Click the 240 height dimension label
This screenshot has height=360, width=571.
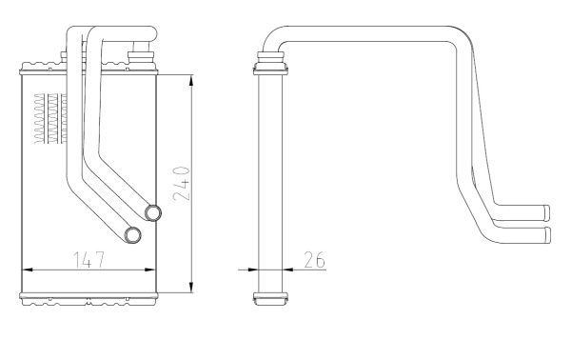click(182, 184)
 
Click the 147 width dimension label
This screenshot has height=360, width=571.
click(89, 260)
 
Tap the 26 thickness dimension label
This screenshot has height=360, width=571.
click(314, 260)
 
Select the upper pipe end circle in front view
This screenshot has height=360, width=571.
click(153, 212)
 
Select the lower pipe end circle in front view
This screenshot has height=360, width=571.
click(133, 235)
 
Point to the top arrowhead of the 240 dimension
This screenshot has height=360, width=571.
click(191, 81)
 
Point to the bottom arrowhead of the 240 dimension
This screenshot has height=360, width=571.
click(191, 287)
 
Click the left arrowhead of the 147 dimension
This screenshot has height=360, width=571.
click(28, 270)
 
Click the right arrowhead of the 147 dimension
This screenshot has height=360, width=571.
click(150, 270)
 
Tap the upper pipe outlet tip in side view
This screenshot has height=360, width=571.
click(546, 212)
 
